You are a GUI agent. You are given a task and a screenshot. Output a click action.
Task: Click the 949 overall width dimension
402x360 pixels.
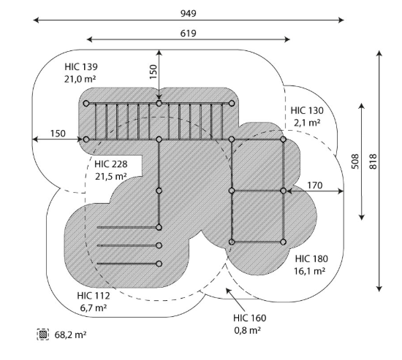tap(189, 13)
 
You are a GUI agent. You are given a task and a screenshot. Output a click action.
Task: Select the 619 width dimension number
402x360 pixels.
tap(189, 34)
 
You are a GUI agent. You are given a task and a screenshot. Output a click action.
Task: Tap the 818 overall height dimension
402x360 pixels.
tap(373, 161)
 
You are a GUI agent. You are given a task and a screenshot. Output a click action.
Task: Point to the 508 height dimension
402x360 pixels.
tap(354, 161)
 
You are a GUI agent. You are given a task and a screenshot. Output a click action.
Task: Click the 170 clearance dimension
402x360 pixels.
tap(314, 185)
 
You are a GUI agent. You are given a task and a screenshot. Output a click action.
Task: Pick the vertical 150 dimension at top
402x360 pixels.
tap(153, 72)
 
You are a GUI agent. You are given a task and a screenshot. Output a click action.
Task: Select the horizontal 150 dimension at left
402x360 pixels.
tap(58, 134)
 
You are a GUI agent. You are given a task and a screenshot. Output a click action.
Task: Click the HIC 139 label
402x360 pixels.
tap(81, 67)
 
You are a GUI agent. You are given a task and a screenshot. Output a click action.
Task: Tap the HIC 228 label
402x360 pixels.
tap(111, 164)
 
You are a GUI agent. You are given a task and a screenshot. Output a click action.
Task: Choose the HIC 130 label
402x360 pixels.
tap(307, 111)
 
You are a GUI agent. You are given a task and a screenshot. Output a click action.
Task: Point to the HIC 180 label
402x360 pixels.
tap(311, 258)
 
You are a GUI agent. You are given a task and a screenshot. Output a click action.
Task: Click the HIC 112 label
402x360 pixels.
tap(94, 296)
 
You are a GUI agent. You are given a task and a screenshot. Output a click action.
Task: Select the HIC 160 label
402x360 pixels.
tap(249, 318)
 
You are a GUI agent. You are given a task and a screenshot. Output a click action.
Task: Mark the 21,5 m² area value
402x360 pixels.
tap(111, 176)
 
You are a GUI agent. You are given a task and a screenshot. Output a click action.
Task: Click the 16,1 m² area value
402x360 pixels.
tap(309, 271)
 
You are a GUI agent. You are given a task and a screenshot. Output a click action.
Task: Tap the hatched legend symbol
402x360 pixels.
tap(43, 334)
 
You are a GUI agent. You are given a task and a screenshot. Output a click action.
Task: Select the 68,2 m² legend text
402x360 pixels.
tap(70, 334)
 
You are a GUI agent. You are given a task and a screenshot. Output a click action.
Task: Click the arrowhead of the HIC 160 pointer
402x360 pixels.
tap(227, 290)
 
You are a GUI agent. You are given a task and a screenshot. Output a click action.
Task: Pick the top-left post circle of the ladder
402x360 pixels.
tap(86, 104)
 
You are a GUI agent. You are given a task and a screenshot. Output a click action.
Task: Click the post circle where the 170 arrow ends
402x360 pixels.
tap(283, 191)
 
